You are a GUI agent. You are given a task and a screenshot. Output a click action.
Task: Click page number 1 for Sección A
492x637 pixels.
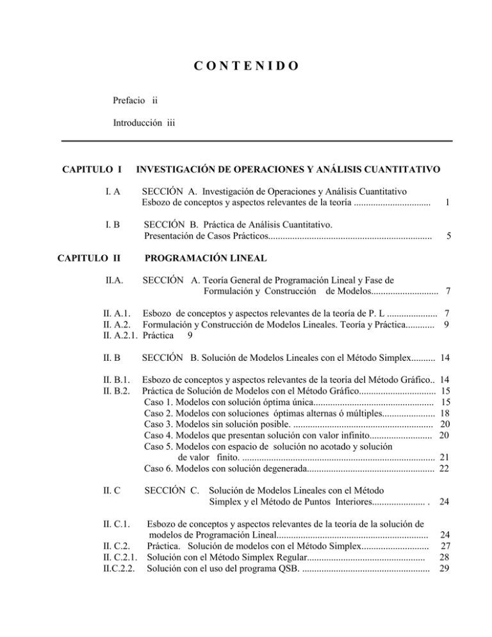[x=449, y=201]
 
